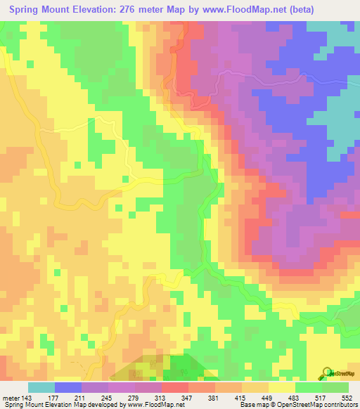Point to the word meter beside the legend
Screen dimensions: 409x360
point(13,397)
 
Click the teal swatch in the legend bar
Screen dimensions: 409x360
point(41,387)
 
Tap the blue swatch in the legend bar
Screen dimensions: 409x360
point(68,387)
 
